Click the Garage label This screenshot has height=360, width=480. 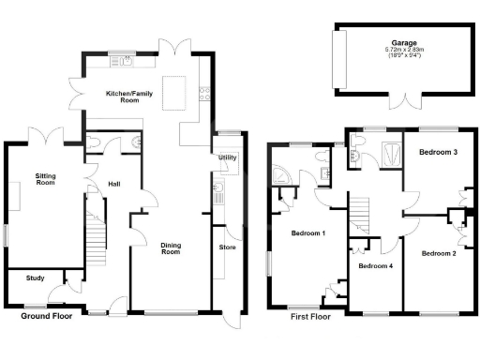403,42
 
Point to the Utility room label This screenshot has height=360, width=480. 227,158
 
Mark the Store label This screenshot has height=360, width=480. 227,247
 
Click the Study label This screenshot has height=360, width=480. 36,277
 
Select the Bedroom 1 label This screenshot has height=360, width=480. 308,233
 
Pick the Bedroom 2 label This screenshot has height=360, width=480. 439,253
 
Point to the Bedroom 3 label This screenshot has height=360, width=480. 438,152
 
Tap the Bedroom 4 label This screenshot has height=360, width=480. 376,266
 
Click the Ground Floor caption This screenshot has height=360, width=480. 48,317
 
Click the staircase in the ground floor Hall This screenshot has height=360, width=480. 96,239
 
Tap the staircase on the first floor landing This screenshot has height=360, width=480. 361,217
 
